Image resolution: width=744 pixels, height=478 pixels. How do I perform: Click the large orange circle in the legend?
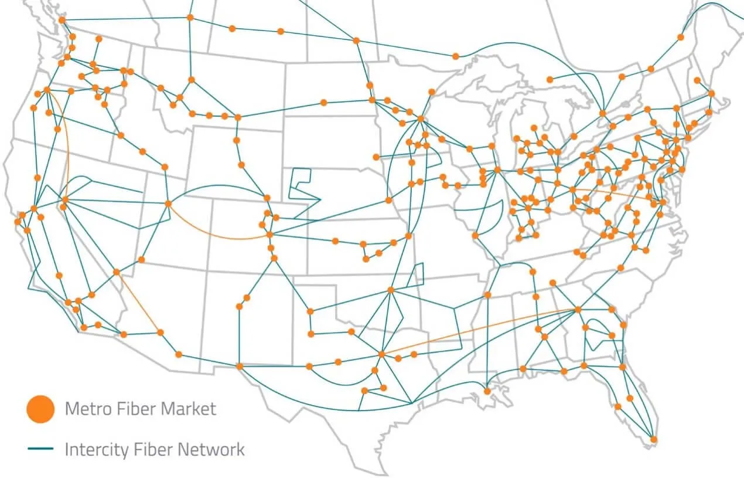tap(40, 408)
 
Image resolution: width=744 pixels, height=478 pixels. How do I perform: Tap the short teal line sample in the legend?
tap(40, 450)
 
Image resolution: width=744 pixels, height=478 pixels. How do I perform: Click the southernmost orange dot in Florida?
tap(654, 439)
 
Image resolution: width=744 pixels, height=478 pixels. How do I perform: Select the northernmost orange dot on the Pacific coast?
tap(62, 20)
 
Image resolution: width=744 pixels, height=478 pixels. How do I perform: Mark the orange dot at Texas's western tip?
tap(239, 367)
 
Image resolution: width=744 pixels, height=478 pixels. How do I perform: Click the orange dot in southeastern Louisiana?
tap(487, 391)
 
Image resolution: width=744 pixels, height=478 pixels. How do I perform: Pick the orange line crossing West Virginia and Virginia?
tap(612, 195)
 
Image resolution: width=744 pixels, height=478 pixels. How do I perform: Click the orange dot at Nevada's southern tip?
tap(117, 272)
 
